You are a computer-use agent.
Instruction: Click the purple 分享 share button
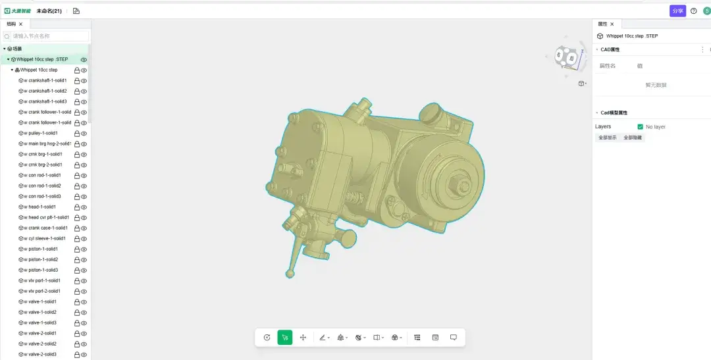coord(677,11)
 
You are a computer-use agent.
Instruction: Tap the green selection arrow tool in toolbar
coord(285,338)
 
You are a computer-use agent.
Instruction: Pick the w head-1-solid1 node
coord(43,207)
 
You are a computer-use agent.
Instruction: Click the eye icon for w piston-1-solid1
coord(84,249)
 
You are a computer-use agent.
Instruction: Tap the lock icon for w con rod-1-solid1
coord(77,176)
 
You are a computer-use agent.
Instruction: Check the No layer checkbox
coord(640,126)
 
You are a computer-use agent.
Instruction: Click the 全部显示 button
coord(607,138)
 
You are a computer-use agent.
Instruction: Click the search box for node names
coord(50,36)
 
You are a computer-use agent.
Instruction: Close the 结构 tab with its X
coord(20,24)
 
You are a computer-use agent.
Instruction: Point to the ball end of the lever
coord(289,273)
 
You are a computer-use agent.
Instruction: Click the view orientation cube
coord(566,57)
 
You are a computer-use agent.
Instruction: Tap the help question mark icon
coord(693,11)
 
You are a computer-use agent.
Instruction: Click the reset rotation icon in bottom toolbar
coord(267,338)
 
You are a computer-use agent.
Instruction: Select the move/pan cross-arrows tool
coord(303,338)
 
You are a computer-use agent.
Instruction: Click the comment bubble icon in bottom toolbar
coord(454,338)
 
